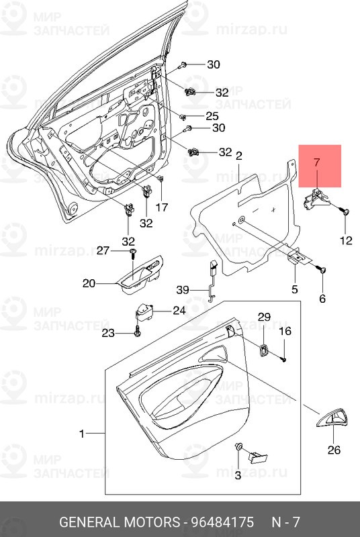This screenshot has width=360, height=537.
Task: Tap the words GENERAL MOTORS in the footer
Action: (118, 522)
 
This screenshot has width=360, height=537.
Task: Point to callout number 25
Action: (212, 116)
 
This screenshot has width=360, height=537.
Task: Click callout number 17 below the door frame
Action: (162, 207)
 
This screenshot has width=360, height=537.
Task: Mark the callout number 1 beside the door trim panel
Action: (82, 434)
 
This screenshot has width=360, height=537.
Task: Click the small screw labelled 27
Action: (133, 252)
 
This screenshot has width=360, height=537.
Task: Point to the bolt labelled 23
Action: (137, 331)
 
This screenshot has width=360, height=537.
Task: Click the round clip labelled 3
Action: (238, 447)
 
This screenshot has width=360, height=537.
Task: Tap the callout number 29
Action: (264, 317)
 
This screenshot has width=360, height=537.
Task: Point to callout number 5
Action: (294, 290)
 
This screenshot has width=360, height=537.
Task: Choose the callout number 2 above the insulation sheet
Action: (238, 156)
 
